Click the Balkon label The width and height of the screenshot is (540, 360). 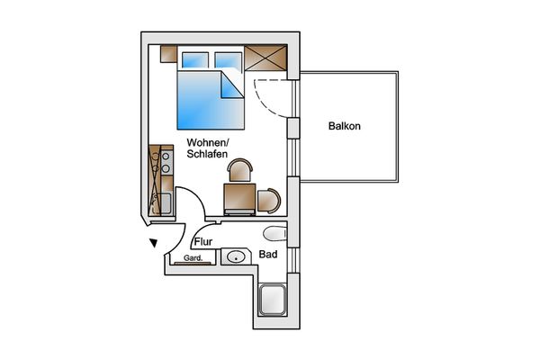click(345, 126)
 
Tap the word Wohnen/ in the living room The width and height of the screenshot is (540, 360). click(208, 142)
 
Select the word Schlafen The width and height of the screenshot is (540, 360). click(207, 154)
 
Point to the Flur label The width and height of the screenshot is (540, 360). click(203, 242)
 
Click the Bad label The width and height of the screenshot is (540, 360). click(268, 255)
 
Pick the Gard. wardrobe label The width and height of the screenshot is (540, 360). click(193, 257)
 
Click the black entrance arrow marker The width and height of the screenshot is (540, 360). click(154, 243)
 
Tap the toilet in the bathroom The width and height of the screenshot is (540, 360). click(274, 234)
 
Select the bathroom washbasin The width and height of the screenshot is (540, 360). click(236, 256)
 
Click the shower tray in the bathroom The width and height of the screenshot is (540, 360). click(273, 300)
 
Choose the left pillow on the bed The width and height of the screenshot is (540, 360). click(195, 60)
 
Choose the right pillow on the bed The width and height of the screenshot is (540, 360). click(228, 60)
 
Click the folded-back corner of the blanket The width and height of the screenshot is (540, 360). click(231, 85)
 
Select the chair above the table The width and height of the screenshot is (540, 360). click(240, 169)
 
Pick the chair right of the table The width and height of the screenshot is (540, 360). click(269, 201)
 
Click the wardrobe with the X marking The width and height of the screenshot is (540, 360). click(265, 58)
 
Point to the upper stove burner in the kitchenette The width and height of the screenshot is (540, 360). click(166, 157)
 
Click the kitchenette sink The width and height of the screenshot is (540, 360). click(165, 203)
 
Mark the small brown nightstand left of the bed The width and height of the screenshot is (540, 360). click(169, 54)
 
